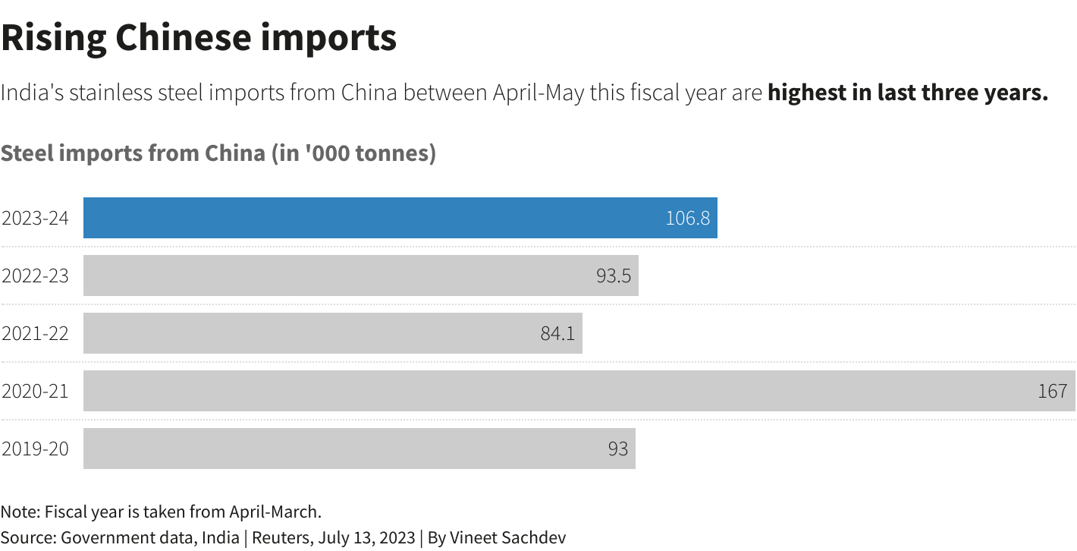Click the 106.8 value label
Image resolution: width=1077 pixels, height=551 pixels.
pyautogui.click(x=687, y=219)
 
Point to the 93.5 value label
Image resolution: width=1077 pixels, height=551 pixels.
pyautogui.click(x=613, y=276)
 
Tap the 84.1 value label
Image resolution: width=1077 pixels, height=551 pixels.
pyautogui.click(x=557, y=334)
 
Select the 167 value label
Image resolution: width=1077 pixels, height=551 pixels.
pyautogui.click(x=1052, y=392)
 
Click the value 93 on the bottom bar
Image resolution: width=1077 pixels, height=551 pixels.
pyautogui.click(x=617, y=449)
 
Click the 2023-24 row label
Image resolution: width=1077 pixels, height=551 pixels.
pyautogui.click(x=35, y=219)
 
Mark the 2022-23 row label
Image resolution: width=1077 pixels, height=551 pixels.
pyautogui.click(x=35, y=276)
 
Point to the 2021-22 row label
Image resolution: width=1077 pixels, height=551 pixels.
pyautogui.click(x=35, y=334)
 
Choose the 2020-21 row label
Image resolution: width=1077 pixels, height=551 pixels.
pyautogui.click(x=35, y=392)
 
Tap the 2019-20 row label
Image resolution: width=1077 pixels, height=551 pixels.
pyautogui.click(x=35, y=449)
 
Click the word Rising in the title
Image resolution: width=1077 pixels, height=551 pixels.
pyautogui.click(x=52, y=37)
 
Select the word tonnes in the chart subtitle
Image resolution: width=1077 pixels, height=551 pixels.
pyautogui.click(x=393, y=153)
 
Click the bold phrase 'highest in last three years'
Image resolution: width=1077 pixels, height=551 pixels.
pyautogui.click(x=907, y=93)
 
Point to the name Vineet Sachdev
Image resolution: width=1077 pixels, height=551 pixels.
pyautogui.click(x=507, y=537)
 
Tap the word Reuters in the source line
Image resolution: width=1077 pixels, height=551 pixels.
pyautogui.click(x=279, y=537)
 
